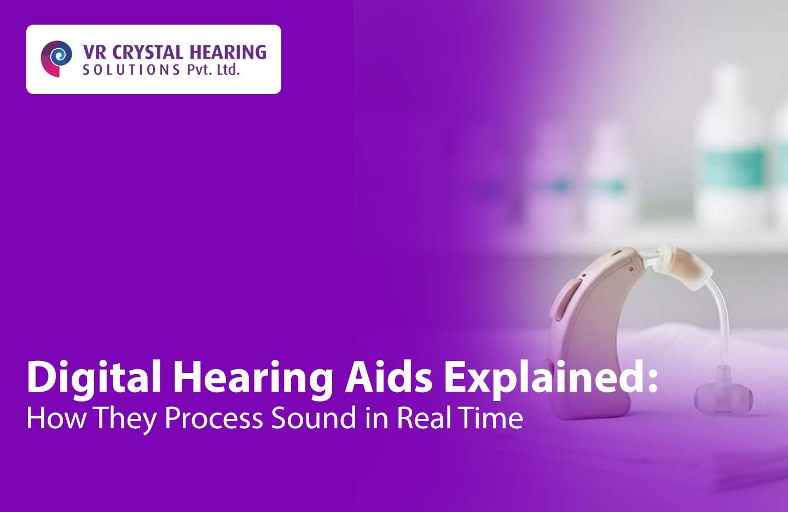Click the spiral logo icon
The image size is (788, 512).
click(x=56, y=59)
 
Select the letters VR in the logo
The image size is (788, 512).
click(x=95, y=53)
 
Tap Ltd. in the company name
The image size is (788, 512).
click(x=228, y=69)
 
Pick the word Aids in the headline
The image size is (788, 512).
click(x=389, y=376)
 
